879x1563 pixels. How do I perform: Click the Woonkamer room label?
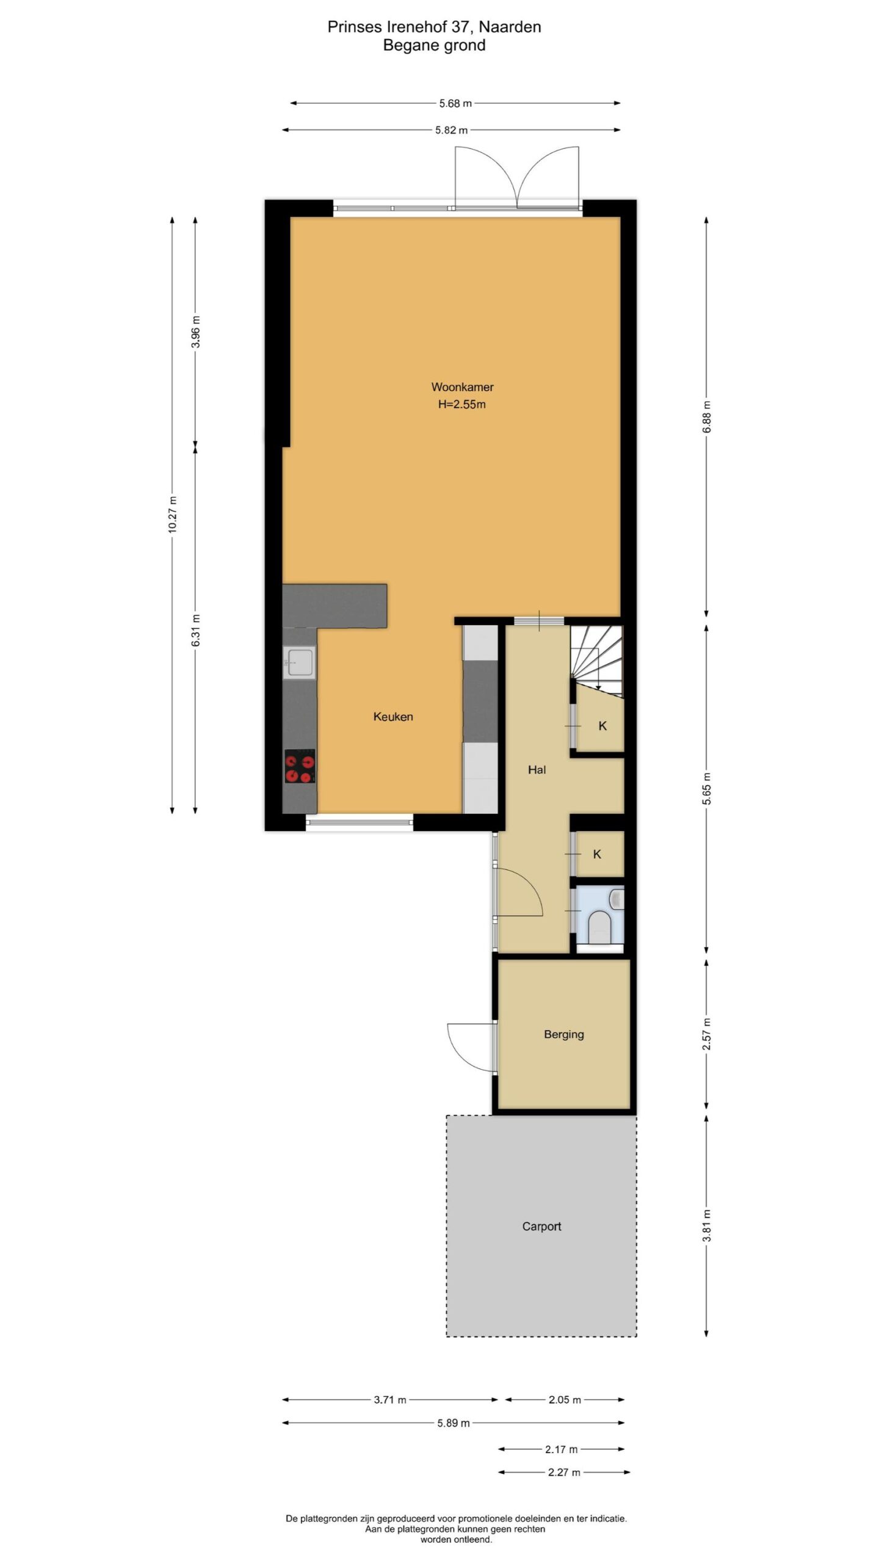[462, 387]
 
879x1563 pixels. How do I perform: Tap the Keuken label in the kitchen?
[393, 717]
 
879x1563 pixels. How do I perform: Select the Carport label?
[541, 1227]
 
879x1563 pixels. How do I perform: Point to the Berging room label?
[564, 1035]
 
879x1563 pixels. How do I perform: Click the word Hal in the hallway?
[537, 770]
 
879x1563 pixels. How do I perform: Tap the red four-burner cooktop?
[300, 766]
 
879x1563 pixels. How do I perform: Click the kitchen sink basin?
[300, 662]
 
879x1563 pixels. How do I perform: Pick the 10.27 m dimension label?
[173, 515]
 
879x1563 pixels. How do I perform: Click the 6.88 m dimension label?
[707, 417]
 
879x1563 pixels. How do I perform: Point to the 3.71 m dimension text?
[390, 1399]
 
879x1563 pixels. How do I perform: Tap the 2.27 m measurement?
[564, 1472]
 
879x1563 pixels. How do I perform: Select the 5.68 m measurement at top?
[455, 103]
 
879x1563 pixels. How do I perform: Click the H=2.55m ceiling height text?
[462, 404]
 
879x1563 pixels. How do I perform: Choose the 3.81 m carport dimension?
[707, 1225]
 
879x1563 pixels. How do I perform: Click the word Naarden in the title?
[510, 27]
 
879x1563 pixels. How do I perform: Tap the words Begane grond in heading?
[434, 46]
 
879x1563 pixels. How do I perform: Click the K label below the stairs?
[602, 726]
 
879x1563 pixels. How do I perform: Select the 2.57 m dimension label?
[707, 1034]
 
